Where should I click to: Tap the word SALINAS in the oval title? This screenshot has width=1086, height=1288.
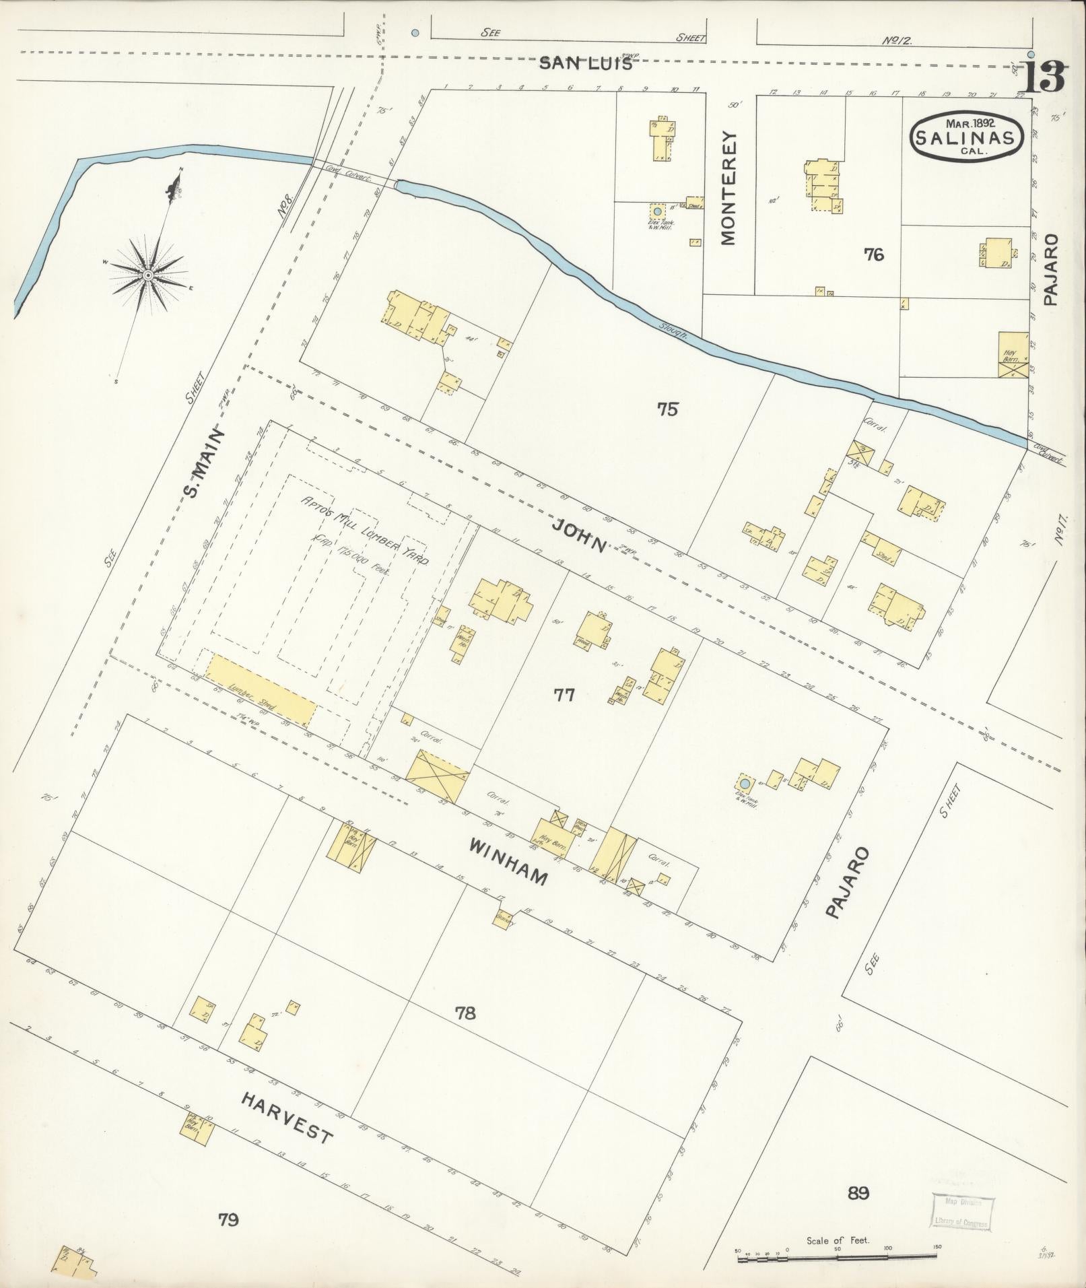coord(967,137)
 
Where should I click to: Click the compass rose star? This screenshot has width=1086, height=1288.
coord(147,275)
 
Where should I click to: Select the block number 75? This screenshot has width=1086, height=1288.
coord(667,409)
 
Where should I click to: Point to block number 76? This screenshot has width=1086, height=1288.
coord(873,255)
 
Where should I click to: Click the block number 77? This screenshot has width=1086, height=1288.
coord(564,695)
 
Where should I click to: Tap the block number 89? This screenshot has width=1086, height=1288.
coord(858,1194)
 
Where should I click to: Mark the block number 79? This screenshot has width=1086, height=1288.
coord(229,1219)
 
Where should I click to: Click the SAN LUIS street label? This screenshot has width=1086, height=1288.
coord(586,64)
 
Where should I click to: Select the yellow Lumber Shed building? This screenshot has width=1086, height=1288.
coord(261,691)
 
